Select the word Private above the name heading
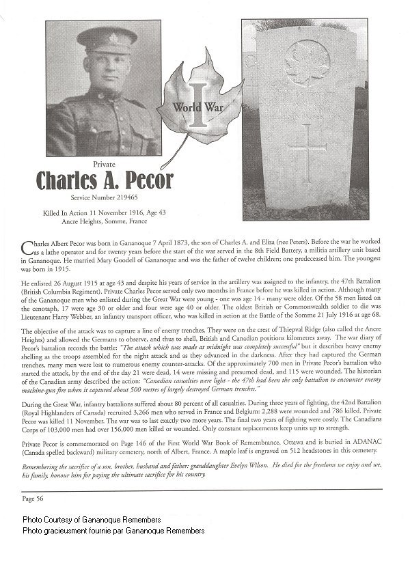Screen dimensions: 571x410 click(x=105, y=164)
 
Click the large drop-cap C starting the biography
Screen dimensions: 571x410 click(x=28, y=247)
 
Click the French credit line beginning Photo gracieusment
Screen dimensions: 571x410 click(x=113, y=530)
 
